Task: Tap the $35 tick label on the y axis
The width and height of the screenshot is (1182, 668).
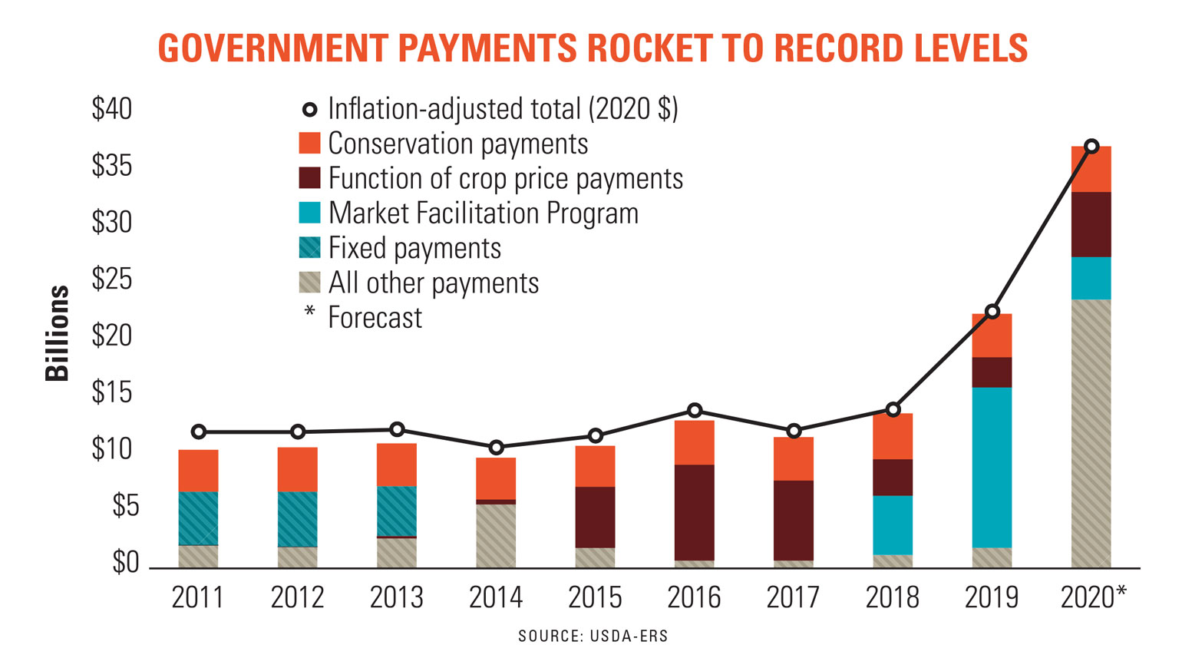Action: [x=112, y=165]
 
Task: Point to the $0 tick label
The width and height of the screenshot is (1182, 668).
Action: [x=125, y=563]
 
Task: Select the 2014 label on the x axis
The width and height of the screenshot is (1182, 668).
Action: [x=496, y=597]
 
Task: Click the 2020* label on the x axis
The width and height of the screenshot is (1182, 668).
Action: [x=1094, y=597]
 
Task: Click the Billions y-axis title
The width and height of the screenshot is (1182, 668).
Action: [x=58, y=333]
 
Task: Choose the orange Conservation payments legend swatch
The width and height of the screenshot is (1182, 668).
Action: [x=309, y=144]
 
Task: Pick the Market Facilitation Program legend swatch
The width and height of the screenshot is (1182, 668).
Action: [x=309, y=213]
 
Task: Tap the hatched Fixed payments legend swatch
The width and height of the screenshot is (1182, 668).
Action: [x=309, y=247]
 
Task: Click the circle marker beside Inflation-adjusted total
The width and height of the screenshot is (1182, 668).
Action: [x=309, y=110]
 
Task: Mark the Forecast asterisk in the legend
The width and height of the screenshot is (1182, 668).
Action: [x=309, y=313]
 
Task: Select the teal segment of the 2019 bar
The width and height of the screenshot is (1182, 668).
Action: [x=992, y=467]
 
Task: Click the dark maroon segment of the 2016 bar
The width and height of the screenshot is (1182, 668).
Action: [x=695, y=512]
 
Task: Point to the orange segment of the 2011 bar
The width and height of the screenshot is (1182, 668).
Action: [x=198, y=471]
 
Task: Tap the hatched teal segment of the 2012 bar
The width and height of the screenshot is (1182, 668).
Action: [x=298, y=519]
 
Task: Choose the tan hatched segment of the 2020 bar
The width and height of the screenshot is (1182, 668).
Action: [x=1091, y=433]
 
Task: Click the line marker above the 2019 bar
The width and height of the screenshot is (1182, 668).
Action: [x=992, y=312]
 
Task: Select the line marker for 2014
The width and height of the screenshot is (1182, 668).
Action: [x=497, y=447]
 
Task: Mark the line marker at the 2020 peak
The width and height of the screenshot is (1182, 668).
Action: [x=1091, y=146]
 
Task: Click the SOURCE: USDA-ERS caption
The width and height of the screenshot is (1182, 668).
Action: [x=593, y=636]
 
